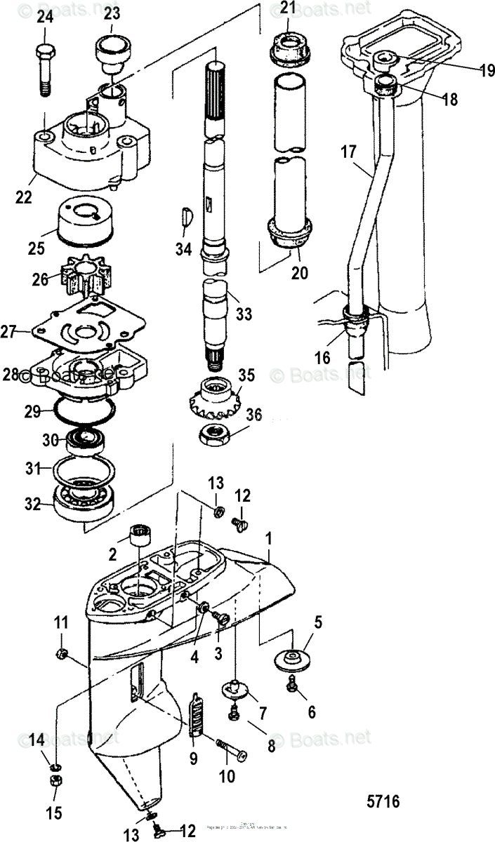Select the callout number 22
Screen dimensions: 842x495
pyautogui.click(x=24, y=199)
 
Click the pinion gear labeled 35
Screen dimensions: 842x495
pyautogui.click(x=218, y=396)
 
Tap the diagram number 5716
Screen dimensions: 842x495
pyautogui.click(x=383, y=801)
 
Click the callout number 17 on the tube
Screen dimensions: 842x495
pyautogui.click(x=349, y=151)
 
